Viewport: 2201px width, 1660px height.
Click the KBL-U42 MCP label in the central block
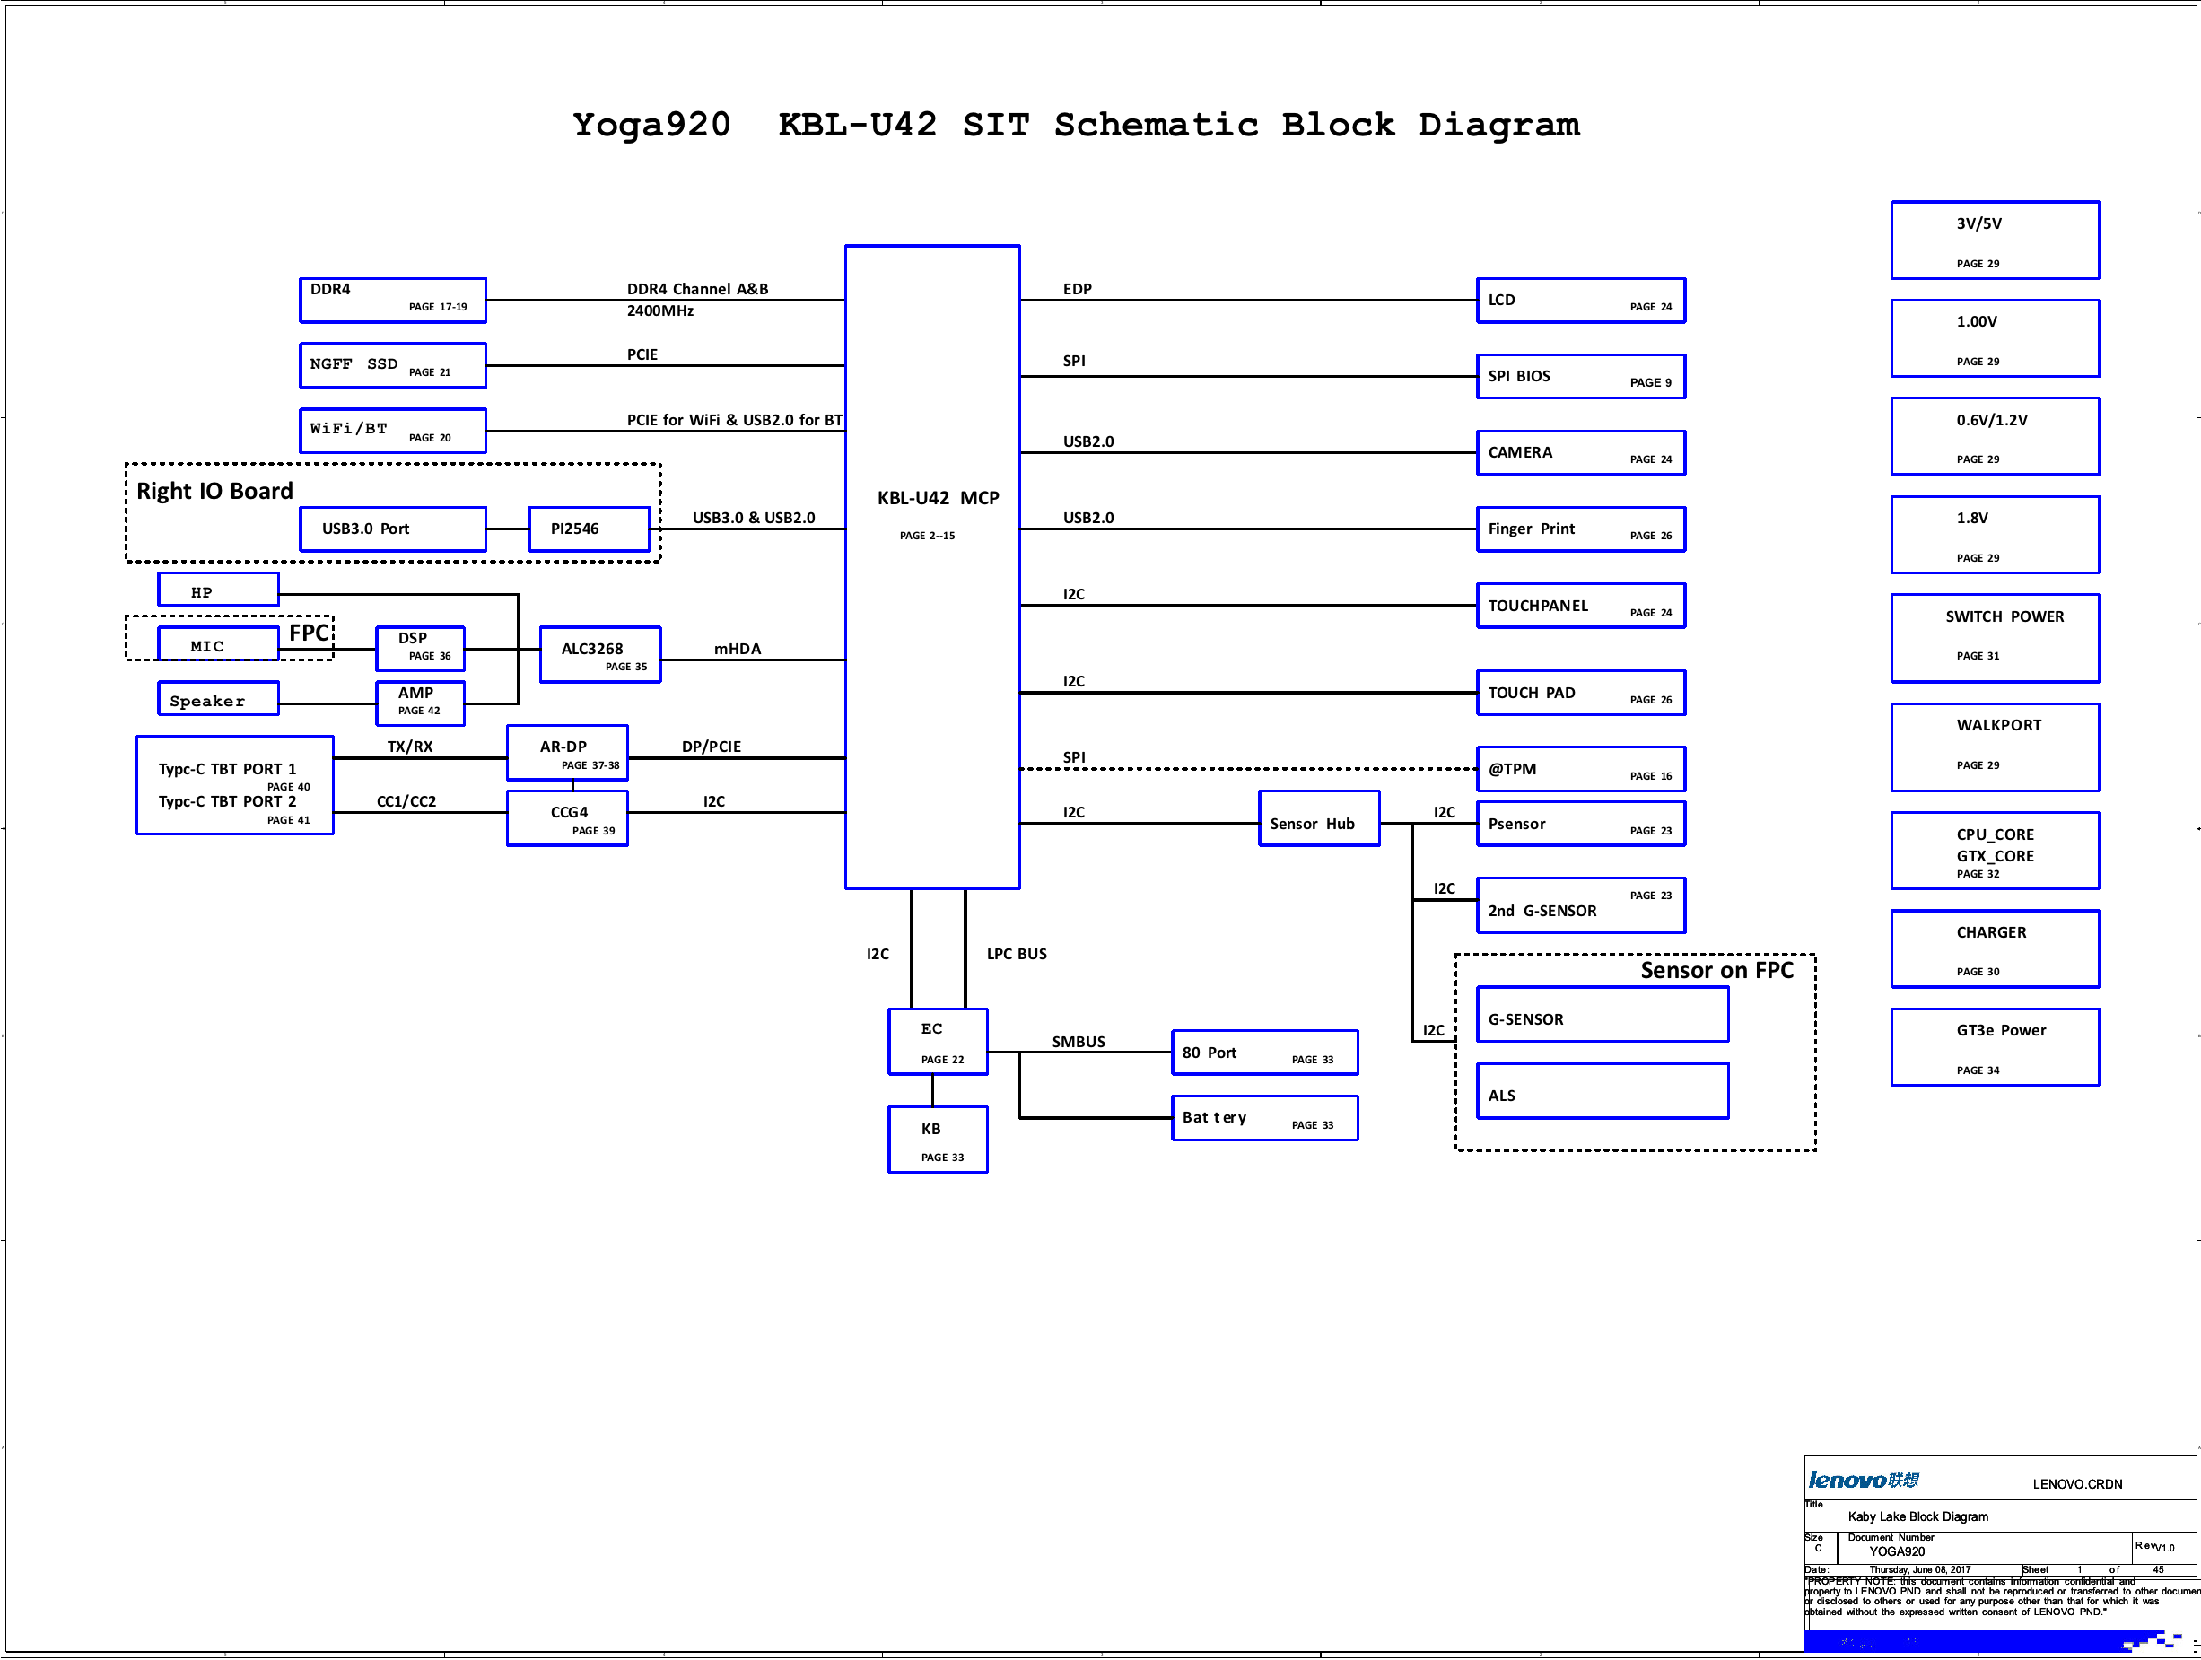pos(938,499)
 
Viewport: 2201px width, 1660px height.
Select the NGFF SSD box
pos(392,365)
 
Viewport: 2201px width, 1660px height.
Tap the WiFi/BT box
pos(392,431)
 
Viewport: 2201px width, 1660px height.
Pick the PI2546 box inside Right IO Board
pos(588,529)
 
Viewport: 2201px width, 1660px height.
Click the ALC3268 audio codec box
pos(600,655)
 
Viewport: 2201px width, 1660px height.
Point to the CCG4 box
pos(567,818)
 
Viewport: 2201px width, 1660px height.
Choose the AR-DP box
pos(567,752)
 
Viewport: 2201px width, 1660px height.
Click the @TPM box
pos(1580,769)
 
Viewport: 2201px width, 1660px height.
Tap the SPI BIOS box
pos(1580,376)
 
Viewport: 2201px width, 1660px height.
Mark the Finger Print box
pos(1580,529)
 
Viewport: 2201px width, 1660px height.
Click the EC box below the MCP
pos(938,1042)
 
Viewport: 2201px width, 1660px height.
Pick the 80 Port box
pos(1263,1053)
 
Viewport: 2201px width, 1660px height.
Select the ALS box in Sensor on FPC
pos(1602,1091)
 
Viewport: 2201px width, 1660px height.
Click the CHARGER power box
pos(1994,948)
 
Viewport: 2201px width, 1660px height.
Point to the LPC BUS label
pos(1016,954)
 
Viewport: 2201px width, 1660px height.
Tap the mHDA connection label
pos(738,649)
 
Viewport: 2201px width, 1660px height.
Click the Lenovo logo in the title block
pos(1863,1480)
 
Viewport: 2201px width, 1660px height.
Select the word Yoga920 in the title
pos(651,125)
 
